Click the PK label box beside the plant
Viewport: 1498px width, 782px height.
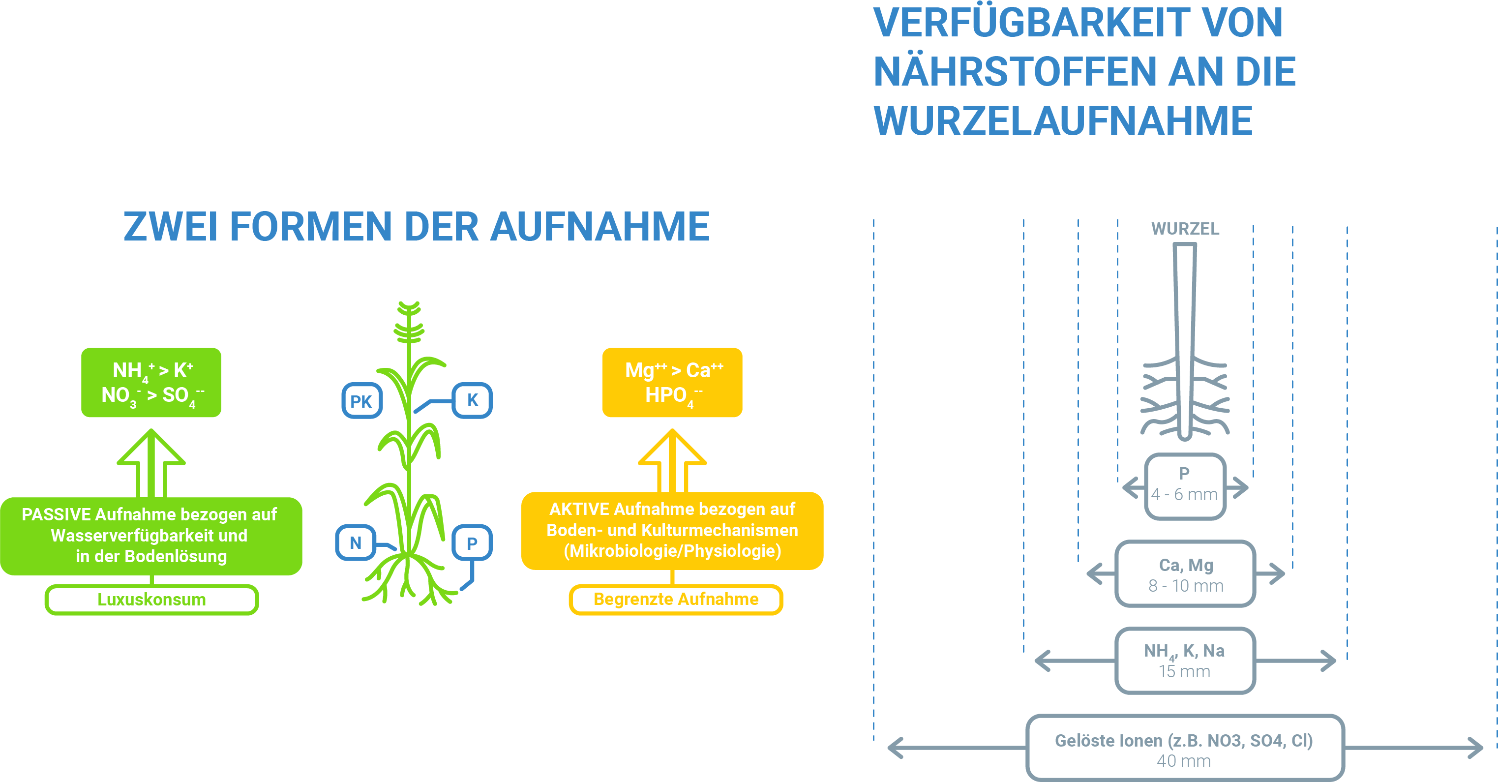pos(361,401)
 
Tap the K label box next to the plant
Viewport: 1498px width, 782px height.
pos(472,400)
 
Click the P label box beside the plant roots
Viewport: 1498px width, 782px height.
pos(472,542)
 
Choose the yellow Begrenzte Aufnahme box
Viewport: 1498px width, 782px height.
pos(676,600)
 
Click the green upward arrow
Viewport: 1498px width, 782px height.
pos(151,463)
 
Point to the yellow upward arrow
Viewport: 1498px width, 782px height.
pos(672,461)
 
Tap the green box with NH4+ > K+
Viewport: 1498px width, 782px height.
pos(151,383)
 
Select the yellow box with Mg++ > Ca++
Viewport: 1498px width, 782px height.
pos(672,383)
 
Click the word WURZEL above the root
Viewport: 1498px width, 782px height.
pos(1185,229)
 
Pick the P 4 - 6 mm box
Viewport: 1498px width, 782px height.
pos(1185,486)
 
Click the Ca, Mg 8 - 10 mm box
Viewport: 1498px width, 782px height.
pos(1185,574)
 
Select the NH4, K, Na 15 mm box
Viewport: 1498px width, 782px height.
pos(1185,661)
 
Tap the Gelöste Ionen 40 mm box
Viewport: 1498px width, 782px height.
pos(1185,748)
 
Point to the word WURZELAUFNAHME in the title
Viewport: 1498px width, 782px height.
pos(1063,121)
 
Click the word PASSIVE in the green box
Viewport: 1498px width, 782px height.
pos(57,514)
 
